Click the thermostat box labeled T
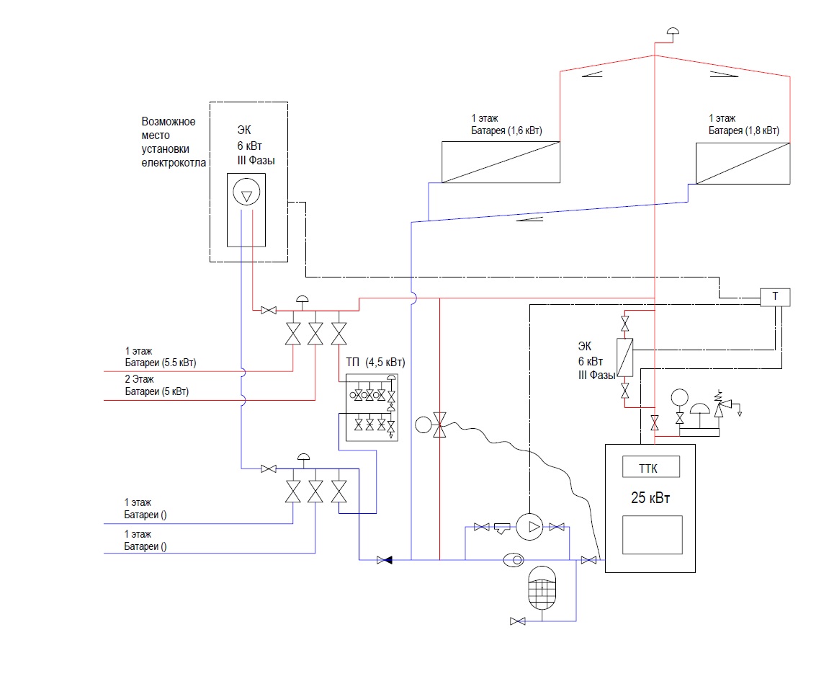click(775, 297)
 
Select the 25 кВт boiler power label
click(650, 498)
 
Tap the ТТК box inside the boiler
click(651, 466)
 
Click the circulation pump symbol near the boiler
click(529, 527)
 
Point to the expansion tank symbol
click(542, 587)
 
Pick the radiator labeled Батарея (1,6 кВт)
click(501, 162)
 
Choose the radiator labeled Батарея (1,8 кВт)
click(743, 164)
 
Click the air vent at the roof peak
click(673, 33)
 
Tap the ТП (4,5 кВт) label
click(375, 363)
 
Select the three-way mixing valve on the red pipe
click(439, 425)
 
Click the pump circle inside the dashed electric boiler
click(246, 191)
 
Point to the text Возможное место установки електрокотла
click(174, 142)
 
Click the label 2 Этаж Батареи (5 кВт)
click(156, 385)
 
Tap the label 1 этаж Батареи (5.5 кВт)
click(160, 357)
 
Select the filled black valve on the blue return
click(385, 560)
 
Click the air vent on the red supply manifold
click(302, 302)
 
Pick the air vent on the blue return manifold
click(303, 460)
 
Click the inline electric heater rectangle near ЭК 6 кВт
click(625, 357)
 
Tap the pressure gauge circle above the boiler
click(679, 397)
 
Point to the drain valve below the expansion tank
click(518, 621)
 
